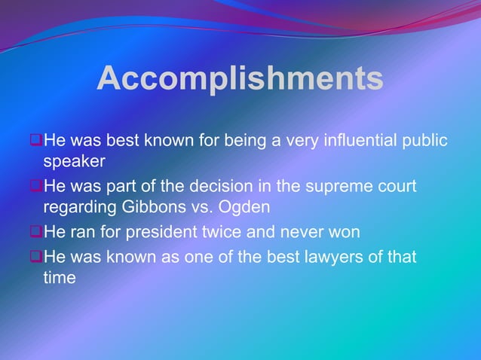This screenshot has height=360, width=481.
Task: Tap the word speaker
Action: click(x=74, y=160)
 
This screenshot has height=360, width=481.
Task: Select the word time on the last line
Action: click(x=60, y=277)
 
